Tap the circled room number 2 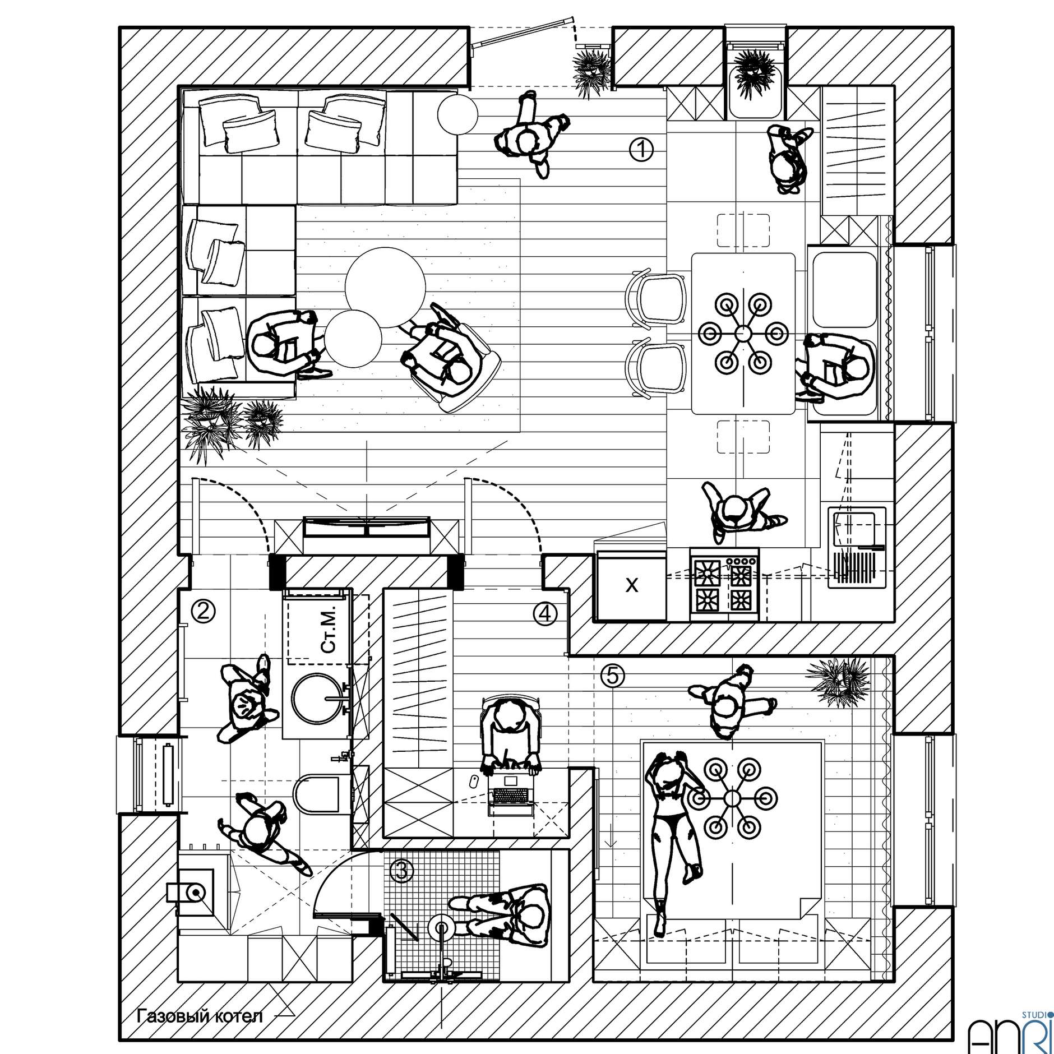coord(204,611)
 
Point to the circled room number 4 coord(546,613)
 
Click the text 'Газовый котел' coord(200,1016)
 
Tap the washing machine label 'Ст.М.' coord(329,628)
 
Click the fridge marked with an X coord(631,585)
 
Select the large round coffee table coord(385,288)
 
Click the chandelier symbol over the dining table coord(742,334)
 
